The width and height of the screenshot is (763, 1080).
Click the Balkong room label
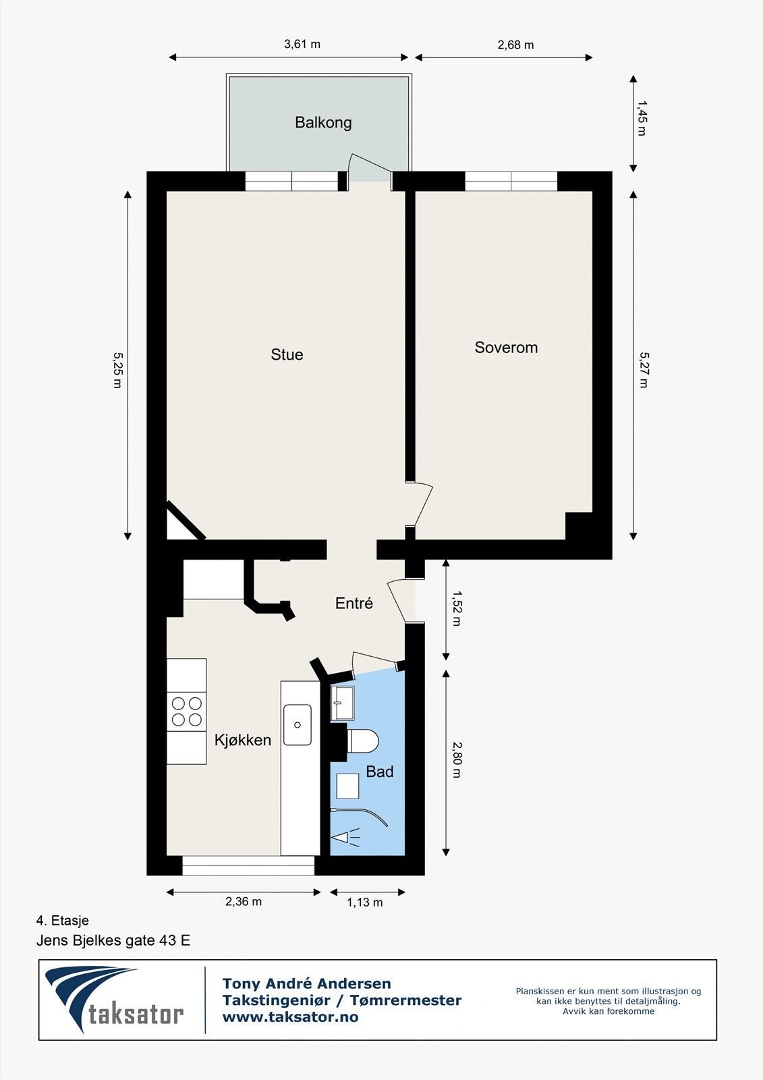coord(323,123)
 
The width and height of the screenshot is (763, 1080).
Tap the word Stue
coord(287,354)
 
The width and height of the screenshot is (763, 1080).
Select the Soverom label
coord(506,348)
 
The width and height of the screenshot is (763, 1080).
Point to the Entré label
coord(354,603)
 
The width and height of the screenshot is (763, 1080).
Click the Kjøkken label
coord(243,740)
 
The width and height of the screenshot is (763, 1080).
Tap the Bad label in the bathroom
coord(379,772)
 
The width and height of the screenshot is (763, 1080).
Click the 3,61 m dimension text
coord(302,45)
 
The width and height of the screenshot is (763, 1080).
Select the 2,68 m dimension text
coord(515,45)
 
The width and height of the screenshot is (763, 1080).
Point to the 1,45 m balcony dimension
coord(642,119)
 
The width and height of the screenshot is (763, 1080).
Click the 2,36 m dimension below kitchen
coord(244,901)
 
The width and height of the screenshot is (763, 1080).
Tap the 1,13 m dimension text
coord(365,902)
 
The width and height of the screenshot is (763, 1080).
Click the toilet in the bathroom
coord(362,741)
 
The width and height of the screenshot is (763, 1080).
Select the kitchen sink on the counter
coord(298,725)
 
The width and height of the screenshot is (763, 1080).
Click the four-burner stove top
coord(187,711)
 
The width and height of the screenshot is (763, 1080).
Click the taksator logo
coord(115,1000)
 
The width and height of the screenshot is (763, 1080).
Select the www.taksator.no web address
coord(290,1017)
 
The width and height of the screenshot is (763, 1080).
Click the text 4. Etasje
coord(63,921)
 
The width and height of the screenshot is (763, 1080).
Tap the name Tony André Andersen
coord(307,983)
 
